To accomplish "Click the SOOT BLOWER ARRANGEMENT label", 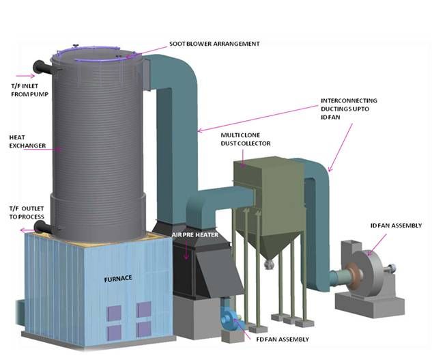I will (214, 44).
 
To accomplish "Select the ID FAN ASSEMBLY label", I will (395, 225).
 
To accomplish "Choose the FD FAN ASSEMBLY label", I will (280, 339).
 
